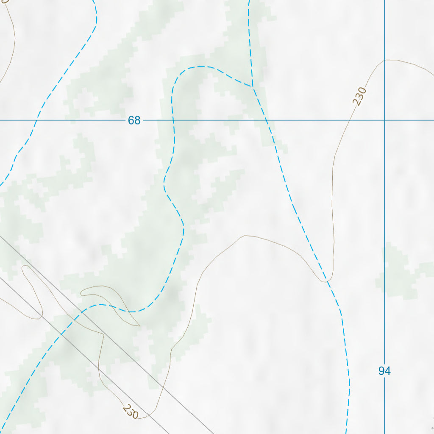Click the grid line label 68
[x=134, y=120]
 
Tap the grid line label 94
[x=384, y=371]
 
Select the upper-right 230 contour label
[x=359, y=96]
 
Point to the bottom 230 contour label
[x=130, y=411]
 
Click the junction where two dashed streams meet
[x=253, y=87]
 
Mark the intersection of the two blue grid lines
[x=385, y=120]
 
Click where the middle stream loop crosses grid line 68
[x=174, y=120]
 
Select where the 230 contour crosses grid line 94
[x=385, y=60]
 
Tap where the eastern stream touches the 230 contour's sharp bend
[x=327, y=281]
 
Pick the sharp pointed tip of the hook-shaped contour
[x=139, y=326]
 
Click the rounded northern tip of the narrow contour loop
[x=25, y=267]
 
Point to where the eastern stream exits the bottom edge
[x=346, y=432]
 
